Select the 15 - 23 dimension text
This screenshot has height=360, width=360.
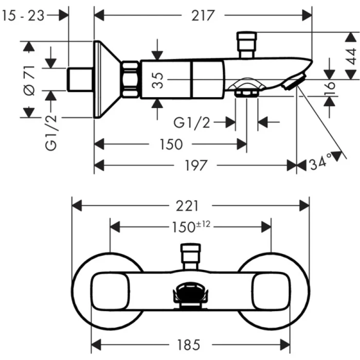point(24,15)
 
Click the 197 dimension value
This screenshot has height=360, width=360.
point(195,165)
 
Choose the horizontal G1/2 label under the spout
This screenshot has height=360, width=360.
point(191,122)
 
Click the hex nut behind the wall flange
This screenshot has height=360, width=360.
point(131,79)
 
